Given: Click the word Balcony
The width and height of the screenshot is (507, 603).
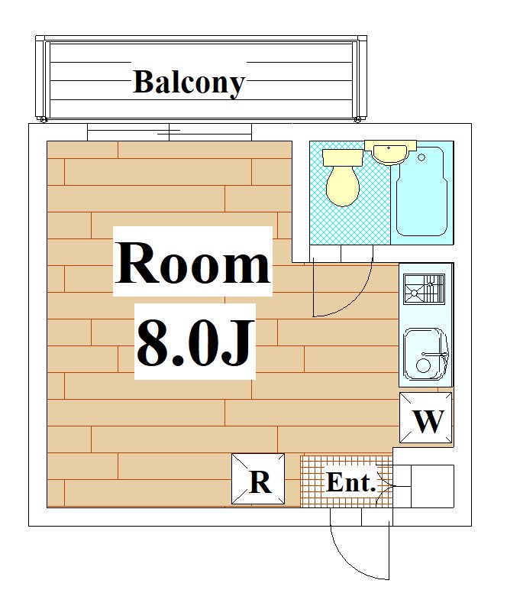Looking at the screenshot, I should pos(189,82).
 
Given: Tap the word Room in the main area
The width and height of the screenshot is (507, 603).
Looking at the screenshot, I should pos(193,262).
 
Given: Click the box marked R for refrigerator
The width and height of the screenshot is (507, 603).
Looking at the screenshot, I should pos(259,479).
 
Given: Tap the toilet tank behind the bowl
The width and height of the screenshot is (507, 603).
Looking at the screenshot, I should pos(342,157).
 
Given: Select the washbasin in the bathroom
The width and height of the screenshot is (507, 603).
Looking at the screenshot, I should pos(389,153).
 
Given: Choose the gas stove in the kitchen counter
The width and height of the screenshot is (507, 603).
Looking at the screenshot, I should pos(424,289).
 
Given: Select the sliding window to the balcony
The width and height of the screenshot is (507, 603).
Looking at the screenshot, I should pos(169,132).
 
